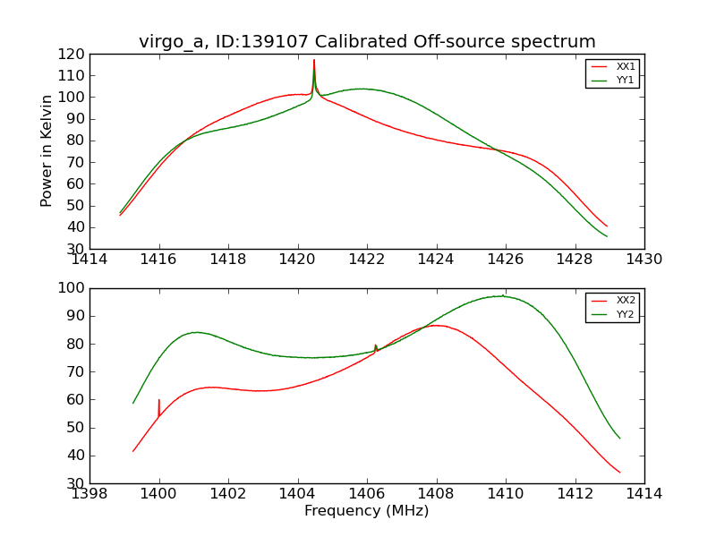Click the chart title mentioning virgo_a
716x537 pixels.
(x=367, y=41)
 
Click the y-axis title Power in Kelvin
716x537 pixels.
(x=47, y=152)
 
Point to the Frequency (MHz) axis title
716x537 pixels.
(x=367, y=511)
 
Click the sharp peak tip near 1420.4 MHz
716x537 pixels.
(x=314, y=60)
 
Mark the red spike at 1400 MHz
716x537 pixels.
(x=159, y=400)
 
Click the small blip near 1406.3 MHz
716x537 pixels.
(x=376, y=345)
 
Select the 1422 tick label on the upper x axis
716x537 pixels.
(x=367, y=260)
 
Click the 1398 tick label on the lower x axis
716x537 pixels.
(x=90, y=494)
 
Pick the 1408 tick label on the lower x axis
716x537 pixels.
(x=436, y=494)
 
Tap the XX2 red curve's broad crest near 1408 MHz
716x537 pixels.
(x=436, y=325)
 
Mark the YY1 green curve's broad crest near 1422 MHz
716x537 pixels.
(x=361, y=89)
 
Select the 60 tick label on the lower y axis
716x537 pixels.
(x=76, y=400)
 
